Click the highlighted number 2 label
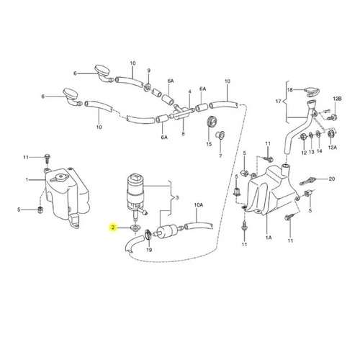(112, 228)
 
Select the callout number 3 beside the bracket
(177, 198)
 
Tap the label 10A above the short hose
(199, 205)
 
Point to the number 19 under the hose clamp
(149, 250)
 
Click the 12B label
(337, 99)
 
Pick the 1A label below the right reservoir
(269, 238)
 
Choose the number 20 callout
(331, 179)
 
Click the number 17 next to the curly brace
(278, 102)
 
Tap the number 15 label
(209, 144)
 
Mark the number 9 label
(148, 71)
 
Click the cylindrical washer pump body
(135, 192)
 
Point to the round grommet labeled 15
(212, 122)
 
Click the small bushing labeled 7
(220, 135)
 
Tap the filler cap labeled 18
(311, 91)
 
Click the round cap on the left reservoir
(59, 178)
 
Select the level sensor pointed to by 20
(307, 181)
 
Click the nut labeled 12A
(331, 134)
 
